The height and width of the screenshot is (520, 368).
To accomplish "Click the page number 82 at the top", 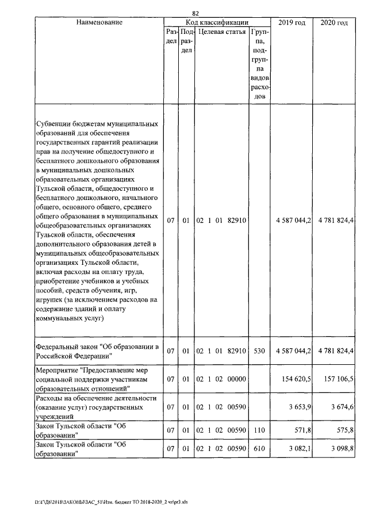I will coord(195,14).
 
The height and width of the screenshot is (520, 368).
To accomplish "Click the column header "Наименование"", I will coord(98,22).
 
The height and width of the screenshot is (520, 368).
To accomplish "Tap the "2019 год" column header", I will coord(292,22).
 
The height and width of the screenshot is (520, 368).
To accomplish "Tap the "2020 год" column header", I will coord(334,22).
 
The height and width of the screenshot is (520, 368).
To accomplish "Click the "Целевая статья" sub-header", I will coord(221,33).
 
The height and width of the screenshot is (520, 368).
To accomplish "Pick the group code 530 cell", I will coord(259,350).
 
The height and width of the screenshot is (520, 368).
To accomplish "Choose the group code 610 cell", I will coord(259,448).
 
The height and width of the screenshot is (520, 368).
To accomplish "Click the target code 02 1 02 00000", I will coord(221,380).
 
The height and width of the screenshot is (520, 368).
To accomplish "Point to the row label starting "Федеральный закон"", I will coord(97,350).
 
